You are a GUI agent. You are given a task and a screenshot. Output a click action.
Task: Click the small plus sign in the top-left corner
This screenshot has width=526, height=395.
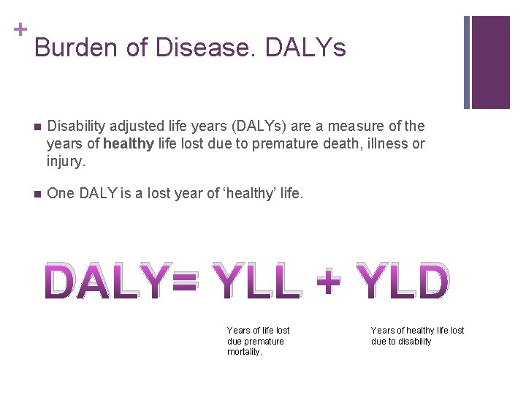point(20,29)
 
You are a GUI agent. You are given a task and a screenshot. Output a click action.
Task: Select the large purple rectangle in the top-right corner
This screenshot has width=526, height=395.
point(490,62)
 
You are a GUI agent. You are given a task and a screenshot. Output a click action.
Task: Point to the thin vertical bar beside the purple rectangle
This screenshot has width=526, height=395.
point(468,62)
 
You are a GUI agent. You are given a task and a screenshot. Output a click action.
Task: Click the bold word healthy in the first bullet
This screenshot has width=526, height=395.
point(129,143)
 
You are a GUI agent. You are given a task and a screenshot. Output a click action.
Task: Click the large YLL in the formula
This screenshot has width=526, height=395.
point(254,282)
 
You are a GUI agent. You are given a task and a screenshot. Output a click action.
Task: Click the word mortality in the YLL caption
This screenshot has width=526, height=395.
point(243,352)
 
